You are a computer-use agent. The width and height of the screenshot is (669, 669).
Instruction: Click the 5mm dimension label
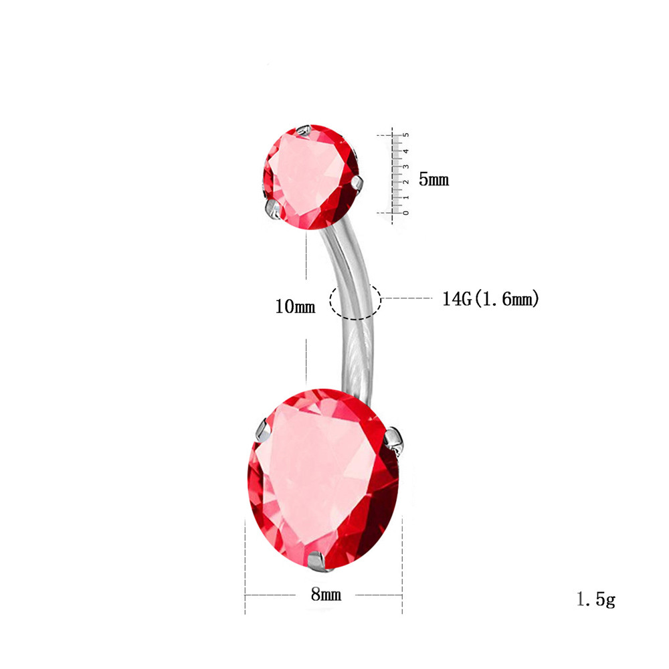coord(434,179)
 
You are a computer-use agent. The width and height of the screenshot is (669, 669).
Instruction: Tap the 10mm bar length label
coord(295,306)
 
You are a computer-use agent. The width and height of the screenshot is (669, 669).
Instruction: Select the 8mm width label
coord(326,594)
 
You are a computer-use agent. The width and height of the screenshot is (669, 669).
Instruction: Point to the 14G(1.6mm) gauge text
coord(490,298)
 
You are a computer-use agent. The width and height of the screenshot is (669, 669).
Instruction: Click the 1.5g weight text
coord(596,599)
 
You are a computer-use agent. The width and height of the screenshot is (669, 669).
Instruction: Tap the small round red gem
coord(310,177)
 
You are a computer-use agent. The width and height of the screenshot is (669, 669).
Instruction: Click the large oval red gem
coord(323,479)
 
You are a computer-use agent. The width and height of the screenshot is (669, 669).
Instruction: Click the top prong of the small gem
coord(304,130)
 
